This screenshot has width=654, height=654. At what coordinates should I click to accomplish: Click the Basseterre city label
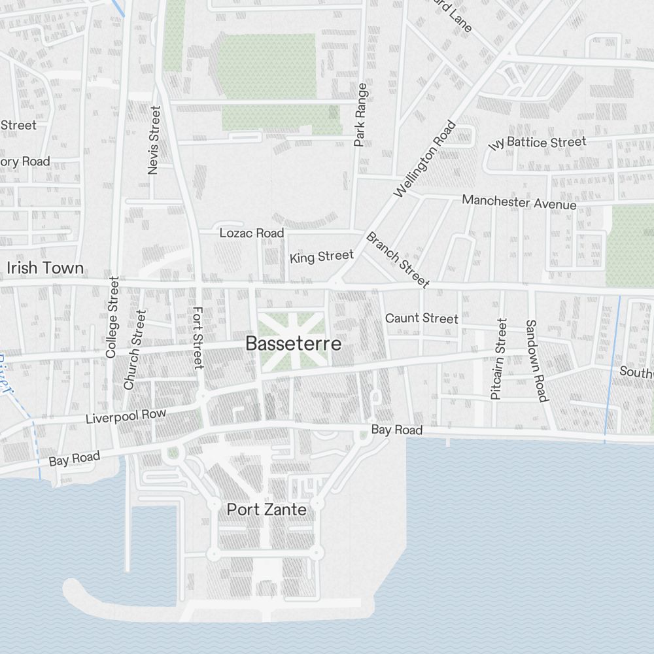point(293,344)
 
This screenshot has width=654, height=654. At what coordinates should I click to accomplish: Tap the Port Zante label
point(266,509)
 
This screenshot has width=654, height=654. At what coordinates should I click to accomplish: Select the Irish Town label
point(45,268)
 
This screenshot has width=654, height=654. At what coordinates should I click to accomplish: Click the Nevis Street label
point(154,141)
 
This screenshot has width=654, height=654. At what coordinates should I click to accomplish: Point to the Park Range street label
point(360,115)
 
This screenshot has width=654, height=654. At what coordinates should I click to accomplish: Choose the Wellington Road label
point(425,159)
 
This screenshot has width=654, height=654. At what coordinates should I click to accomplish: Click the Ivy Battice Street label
point(538,143)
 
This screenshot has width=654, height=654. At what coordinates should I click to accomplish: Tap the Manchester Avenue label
point(519,202)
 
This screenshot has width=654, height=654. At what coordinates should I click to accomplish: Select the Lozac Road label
point(252,233)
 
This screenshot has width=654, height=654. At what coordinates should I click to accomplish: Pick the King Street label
point(322,256)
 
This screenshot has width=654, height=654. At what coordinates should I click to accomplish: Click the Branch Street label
point(398,260)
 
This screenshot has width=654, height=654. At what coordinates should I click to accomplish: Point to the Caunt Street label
point(422,318)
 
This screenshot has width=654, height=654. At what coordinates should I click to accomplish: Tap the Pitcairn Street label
point(498,358)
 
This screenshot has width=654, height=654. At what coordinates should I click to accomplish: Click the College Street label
point(112,317)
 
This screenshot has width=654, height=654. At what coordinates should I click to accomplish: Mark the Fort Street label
point(198,337)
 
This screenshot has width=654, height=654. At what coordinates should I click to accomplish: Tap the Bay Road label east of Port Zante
point(396,430)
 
